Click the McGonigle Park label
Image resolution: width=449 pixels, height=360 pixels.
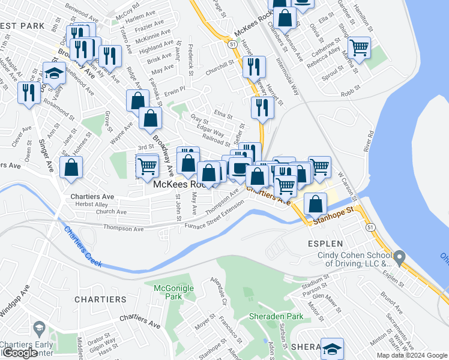174,292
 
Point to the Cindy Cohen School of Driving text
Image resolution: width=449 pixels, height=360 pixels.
354,259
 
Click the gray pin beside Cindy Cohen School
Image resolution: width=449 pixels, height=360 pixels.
401,257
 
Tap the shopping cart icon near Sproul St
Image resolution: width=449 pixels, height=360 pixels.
359,47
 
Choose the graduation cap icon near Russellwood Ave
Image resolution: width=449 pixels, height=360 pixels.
54,73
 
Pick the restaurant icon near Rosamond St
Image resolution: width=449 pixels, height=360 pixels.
29,92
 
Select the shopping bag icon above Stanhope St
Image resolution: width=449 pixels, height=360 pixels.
315,204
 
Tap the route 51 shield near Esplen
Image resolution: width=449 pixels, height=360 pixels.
370,227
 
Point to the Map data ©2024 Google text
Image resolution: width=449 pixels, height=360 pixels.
412,355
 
